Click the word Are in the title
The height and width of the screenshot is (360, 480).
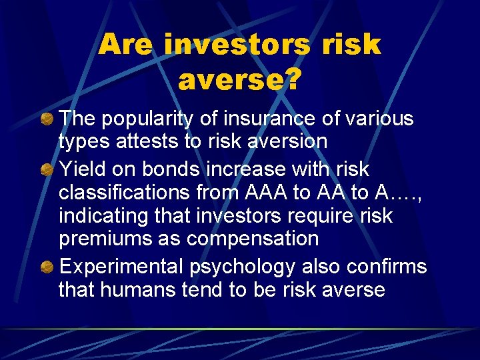[x=125, y=45]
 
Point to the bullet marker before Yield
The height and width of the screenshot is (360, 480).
[x=47, y=169]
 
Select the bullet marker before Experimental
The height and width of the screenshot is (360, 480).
[x=47, y=267]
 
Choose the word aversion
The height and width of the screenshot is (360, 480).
[x=287, y=141]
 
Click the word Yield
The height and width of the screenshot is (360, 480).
[x=79, y=169]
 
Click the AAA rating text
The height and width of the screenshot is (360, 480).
[x=267, y=193]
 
